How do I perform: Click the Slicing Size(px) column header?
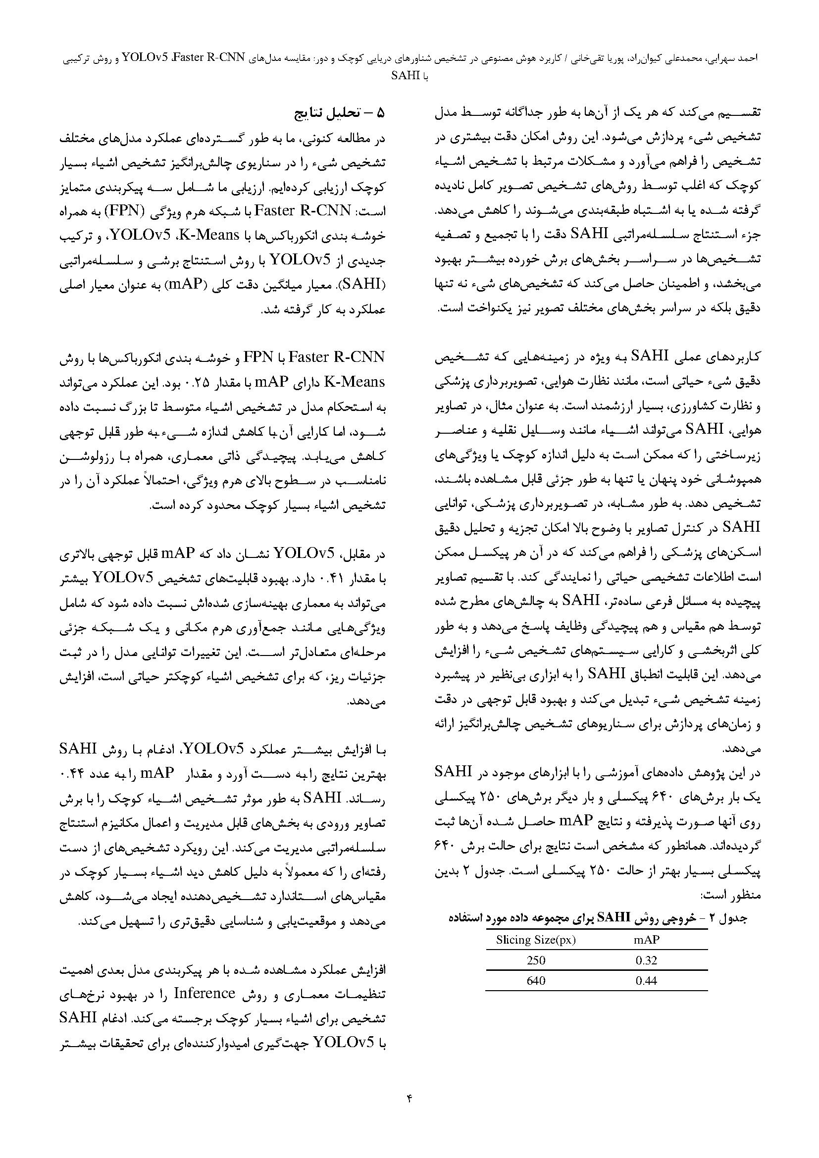pyautogui.click(x=536, y=940)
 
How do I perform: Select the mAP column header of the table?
pyautogui.click(x=647, y=940)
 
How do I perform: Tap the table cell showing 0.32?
pyautogui.click(x=647, y=960)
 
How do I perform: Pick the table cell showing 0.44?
pyautogui.click(x=647, y=981)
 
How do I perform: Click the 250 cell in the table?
pyautogui.click(x=536, y=960)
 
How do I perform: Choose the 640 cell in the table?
pyautogui.click(x=536, y=981)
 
